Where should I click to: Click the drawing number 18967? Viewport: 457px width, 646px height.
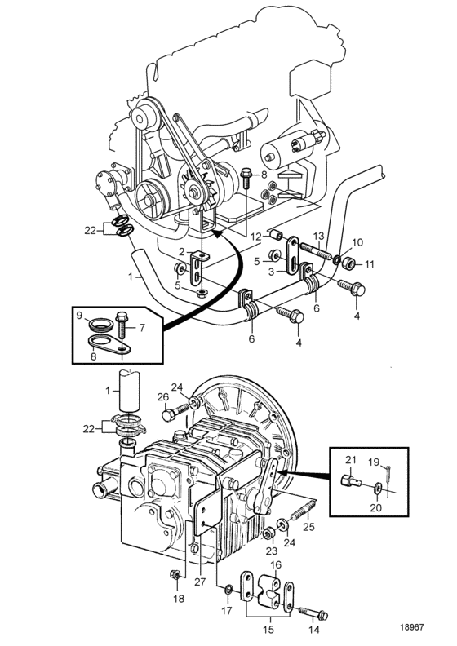tap(411, 627)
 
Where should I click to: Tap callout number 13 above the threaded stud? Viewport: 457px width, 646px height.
tap(318, 236)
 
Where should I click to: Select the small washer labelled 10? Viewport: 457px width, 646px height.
tap(336, 259)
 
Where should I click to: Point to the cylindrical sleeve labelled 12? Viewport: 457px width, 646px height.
tap(276, 235)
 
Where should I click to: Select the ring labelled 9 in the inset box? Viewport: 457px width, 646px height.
tap(101, 325)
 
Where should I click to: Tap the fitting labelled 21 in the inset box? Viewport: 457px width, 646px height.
tap(351, 480)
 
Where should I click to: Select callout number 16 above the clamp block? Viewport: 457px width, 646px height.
tap(275, 564)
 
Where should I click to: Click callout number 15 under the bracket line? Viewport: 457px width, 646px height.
tap(268, 629)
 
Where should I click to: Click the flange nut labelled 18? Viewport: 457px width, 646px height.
tap(175, 574)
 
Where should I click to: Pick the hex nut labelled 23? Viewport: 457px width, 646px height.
tap(268, 534)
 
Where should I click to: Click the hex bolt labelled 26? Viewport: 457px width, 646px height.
tap(176, 411)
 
